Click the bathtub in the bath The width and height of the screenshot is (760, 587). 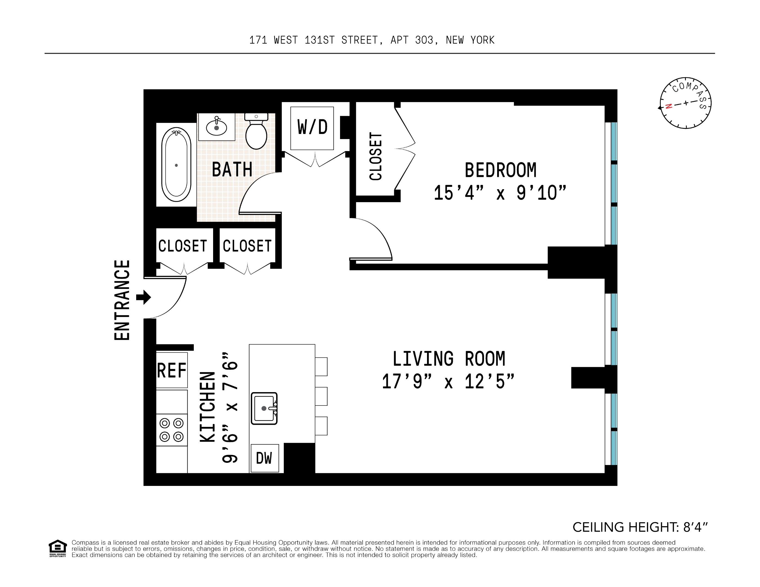coord(176,165)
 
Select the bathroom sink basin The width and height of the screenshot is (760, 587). coord(216,128)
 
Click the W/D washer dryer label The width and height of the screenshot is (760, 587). coord(312,127)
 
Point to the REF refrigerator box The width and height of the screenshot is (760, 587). coord(172,370)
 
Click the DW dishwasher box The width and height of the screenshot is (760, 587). coord(264,458)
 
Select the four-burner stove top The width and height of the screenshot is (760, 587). coord(172,430)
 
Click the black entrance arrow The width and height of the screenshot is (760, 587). coord(143,297)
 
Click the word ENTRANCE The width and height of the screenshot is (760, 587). coord(122,300)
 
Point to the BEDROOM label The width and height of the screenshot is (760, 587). coord(500,170)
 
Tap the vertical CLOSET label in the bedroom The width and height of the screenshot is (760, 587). coord(375,156)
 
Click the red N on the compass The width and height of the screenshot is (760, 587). coord(668,106)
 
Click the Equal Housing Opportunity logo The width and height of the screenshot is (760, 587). coord(57,548)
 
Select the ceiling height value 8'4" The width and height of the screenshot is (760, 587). coord(695,527)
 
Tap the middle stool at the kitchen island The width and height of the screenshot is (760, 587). coord(321,396)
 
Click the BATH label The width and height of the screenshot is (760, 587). coord(232,170)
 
